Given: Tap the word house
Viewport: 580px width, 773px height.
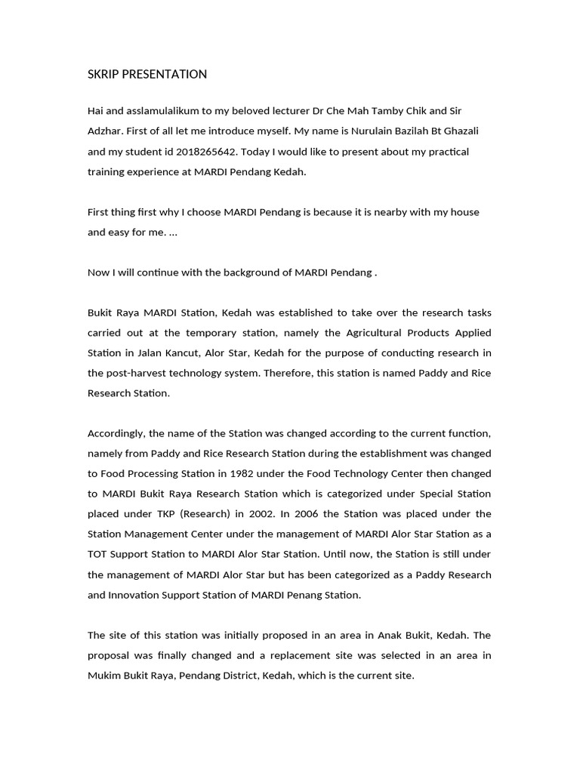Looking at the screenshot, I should coord(465,212).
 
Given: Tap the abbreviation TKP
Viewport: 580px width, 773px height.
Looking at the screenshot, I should coord(171,514).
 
